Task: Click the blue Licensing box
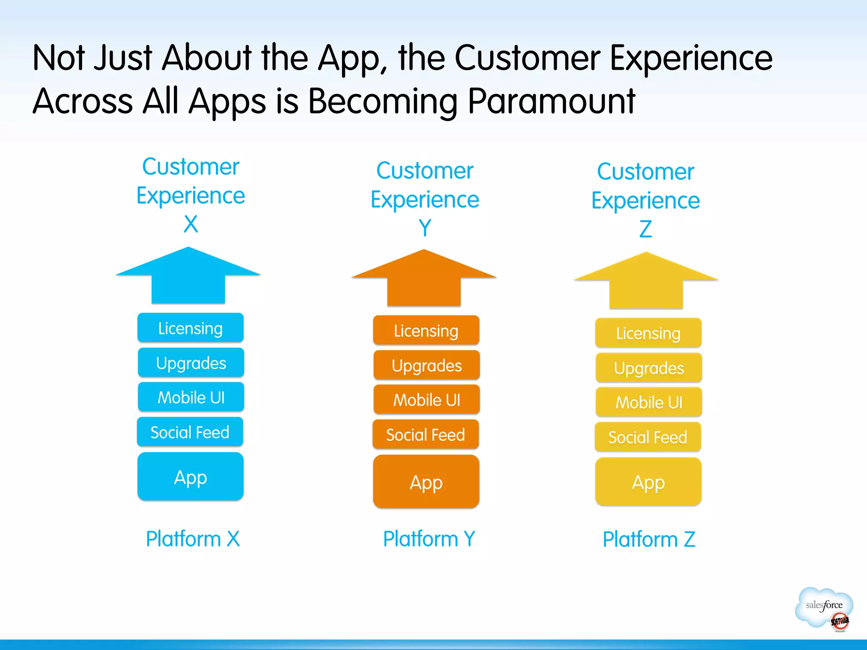pos(191,328)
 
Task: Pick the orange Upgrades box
pos(426,365)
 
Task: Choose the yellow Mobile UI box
pos(649,402)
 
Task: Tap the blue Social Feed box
pos(190,432)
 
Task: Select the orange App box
pos(426,482)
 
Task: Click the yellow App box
pos(648,482)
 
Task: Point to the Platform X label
pos(193,539)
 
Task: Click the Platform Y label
pos(429,539)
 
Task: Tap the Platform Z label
pos(649,540)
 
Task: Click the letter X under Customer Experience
pos(191,224)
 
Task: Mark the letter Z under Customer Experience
pos(645,229)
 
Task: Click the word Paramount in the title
pos(551,102)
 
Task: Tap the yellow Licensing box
pos(648,333)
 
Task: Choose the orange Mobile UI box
pos(426,399)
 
